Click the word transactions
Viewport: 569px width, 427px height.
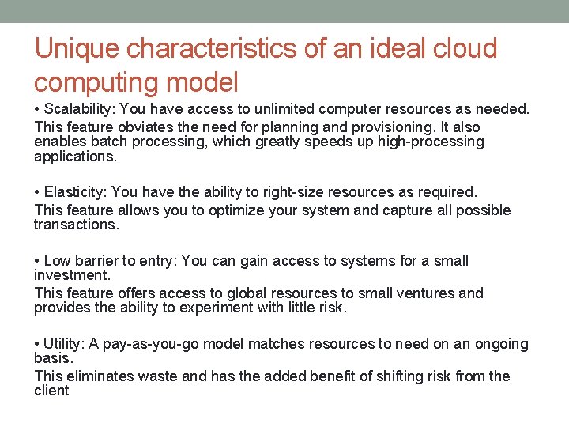(x=75, y=225)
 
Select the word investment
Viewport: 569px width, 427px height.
(x=71, y=275)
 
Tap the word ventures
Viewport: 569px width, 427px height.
(x=430, y=293)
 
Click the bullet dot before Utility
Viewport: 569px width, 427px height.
(x=37, y=344)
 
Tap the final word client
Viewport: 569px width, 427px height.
(x=51, y=391)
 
